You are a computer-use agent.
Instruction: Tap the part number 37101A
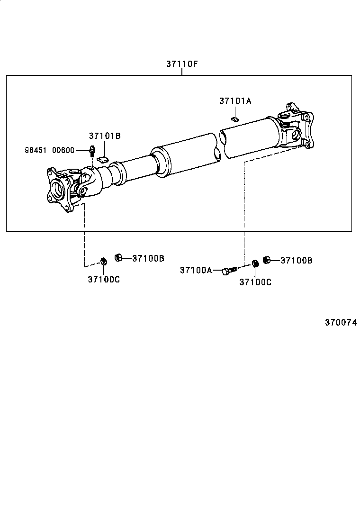coord(235,100)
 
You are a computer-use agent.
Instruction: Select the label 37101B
coord(105,136)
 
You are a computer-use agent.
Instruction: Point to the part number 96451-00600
coord(50,150)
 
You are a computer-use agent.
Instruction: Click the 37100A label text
coord(196,270)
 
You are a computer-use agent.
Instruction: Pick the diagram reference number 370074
coord(341,322)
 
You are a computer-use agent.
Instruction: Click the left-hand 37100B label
coord(148,258)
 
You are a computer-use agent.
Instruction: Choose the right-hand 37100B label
coord(297,260)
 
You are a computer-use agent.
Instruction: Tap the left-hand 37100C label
coord(103,279)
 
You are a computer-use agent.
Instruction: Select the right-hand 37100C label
coord(255,282)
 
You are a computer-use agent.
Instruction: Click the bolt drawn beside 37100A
coord(229,271)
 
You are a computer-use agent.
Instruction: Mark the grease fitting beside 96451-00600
coord(92,151)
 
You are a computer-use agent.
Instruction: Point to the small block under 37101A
coord(235,118)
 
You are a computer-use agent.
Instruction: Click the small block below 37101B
coord(103,159)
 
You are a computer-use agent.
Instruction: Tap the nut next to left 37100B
coord(119,257)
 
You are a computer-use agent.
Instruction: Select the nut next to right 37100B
coord(266,259)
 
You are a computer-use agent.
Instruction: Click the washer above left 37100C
coord(104,261)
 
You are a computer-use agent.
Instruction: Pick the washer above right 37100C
coord(255,263)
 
